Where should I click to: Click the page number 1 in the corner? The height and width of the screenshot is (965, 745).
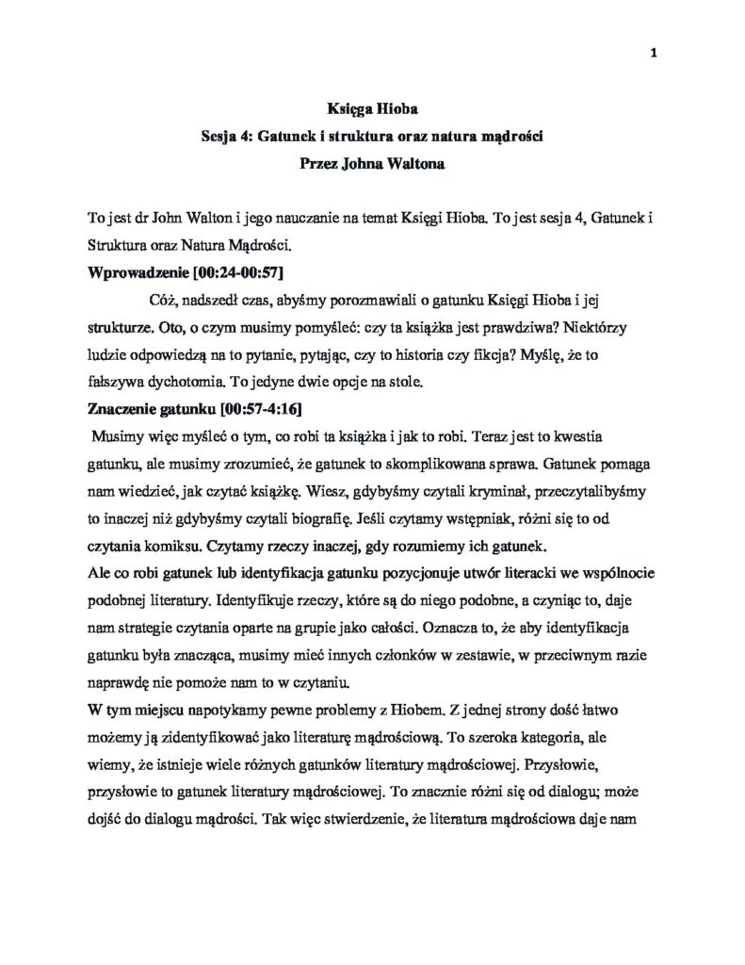coord(653,53)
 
